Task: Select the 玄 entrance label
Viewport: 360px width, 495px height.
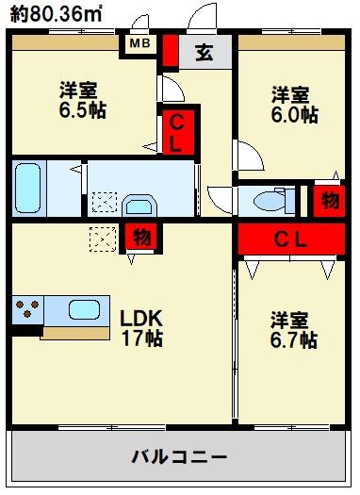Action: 203,53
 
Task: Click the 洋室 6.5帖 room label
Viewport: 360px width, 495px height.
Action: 82,100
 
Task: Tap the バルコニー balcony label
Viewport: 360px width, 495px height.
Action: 179,457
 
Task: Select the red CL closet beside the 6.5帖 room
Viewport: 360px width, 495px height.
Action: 176,131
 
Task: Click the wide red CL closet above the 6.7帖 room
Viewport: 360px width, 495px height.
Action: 290,239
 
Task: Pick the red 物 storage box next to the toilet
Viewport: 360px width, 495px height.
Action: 329,200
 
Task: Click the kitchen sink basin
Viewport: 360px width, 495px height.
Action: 82,309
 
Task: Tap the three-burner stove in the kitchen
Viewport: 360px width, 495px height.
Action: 27,309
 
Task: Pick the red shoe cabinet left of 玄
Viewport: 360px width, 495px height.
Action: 170,53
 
